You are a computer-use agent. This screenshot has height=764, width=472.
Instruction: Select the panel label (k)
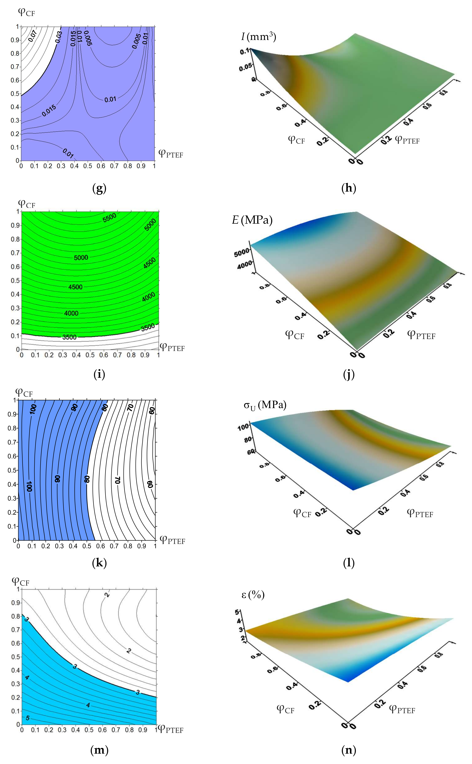(99, 563)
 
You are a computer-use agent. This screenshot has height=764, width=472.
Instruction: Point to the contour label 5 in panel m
(27, 718)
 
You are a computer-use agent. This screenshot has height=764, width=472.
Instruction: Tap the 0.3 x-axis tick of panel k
(59, 546)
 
